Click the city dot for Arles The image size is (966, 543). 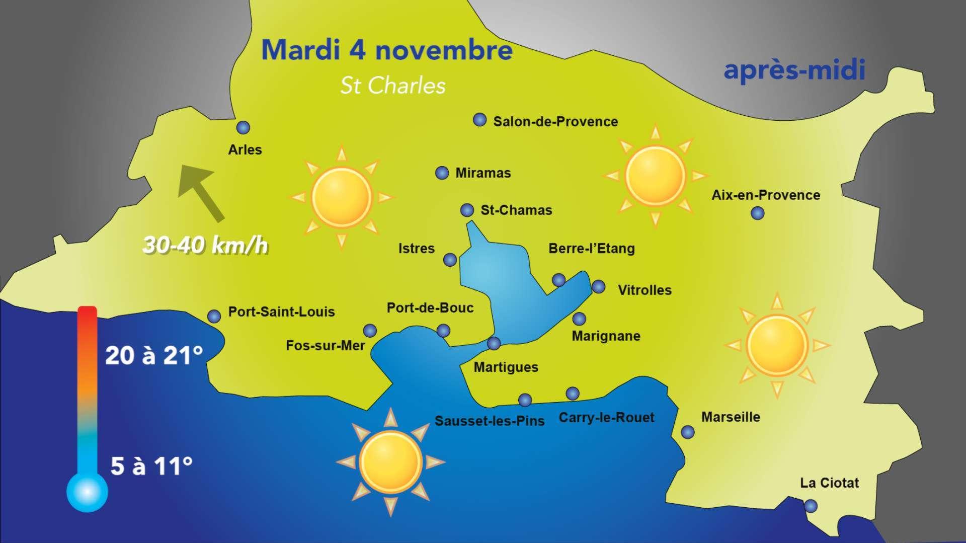(x=243, y=127)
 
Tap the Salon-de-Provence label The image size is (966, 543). (x=555, y=122)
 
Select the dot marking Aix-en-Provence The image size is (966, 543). (x=757, y=213)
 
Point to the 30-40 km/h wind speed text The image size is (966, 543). (x=205, y=246)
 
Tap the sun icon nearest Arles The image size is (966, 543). (x=342, y=197)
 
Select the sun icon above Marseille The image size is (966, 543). (x=777, y=345)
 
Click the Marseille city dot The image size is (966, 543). (x=687, y=432)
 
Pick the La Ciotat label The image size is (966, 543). (x=829, y=483)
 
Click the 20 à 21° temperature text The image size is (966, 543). (x=153, y=356)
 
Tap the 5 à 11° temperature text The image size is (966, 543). (x=151, y=467)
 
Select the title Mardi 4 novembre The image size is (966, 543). (x=387, y=50)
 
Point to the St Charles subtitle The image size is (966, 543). (x=392, y=86)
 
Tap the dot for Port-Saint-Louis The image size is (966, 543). (x=214, y=316)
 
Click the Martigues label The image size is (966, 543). (x=506, y=367)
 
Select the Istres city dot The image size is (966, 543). (x=450, y=260)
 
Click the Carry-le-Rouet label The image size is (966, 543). (x=606, y=418)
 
